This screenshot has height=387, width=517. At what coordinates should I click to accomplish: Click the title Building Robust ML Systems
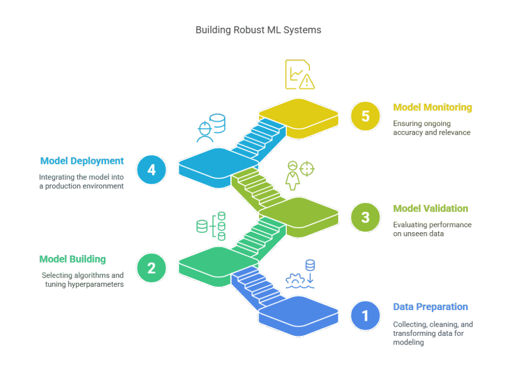(x=258, y=30)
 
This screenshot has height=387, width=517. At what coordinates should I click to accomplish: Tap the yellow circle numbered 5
(x=366, y=116)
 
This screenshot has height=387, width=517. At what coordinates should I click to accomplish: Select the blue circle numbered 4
(x=151, y=170)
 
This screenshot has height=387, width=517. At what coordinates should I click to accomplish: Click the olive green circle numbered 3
(x=366, y=218)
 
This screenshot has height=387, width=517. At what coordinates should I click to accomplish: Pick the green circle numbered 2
(x=151, y=268)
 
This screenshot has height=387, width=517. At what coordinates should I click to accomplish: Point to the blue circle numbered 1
(x=366, y=316)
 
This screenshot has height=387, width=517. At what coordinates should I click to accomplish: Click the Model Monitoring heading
(x=433, y=107)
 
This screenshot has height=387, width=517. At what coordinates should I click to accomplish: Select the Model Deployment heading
(x=82, y=161)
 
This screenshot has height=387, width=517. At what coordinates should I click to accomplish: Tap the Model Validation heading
(x=431, y=208)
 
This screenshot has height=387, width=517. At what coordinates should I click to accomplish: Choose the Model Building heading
(x=73, y=259)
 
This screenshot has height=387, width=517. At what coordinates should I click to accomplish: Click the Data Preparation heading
(x=430, y=307)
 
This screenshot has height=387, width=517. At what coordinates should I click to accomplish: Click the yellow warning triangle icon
(x=307, y=81)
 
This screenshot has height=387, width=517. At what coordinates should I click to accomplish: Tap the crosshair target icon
(x=307, y=169)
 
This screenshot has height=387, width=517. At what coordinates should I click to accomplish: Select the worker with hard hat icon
(x=205, y=132)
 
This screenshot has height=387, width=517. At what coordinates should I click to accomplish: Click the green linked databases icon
(x=211, y=226)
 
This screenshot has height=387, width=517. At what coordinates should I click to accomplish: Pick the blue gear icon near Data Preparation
(x=295, y=279)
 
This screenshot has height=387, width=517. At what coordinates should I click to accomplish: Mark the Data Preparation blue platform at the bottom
(x=299, y=316)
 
